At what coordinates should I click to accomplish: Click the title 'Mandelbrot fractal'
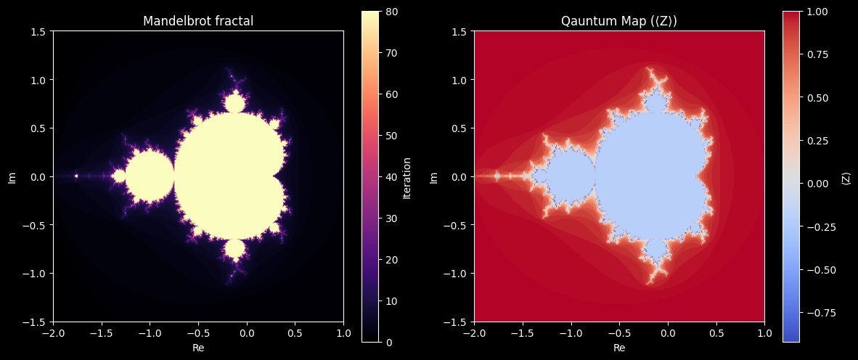198,21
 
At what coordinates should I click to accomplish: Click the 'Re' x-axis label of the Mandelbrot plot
198,348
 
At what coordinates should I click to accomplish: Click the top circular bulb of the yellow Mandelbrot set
234,103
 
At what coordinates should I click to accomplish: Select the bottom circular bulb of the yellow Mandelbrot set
234,250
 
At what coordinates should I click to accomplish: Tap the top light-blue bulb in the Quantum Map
655,103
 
